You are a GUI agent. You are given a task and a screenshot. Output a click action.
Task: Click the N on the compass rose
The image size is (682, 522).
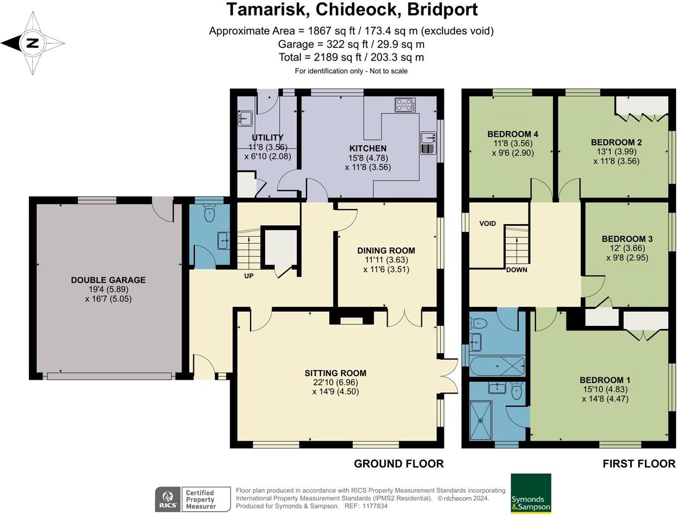(x=32, y=43)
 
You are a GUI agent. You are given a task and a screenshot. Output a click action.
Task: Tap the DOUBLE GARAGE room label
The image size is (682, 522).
(x=108, y=280)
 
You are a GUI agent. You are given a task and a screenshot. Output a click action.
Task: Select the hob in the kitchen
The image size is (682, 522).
(x=405, y=104)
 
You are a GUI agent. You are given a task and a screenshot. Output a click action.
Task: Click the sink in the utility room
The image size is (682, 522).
(x=245, y=118)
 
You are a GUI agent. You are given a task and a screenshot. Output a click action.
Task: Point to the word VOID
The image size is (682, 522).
(x=487, y=223)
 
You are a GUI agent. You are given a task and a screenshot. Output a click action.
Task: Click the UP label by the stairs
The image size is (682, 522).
(x=249, y=276)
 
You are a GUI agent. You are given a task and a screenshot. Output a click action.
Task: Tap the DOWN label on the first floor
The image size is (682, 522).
(x=517, y=270)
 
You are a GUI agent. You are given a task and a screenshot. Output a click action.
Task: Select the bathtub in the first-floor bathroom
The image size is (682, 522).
(x=497, y=366)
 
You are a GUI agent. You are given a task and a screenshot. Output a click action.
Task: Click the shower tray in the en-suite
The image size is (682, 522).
(x=480, y=421)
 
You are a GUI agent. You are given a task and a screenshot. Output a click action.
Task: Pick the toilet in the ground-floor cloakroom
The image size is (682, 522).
(x=209, y=212)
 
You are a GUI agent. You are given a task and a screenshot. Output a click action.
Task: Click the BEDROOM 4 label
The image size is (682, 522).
(x=513, y=134)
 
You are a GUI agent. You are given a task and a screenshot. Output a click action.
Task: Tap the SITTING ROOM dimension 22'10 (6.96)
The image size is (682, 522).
(x=335, y=383)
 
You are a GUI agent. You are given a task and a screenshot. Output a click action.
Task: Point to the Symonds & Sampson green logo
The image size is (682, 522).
(x=531, y=493)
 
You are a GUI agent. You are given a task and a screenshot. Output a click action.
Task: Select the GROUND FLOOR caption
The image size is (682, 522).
(x=399, y=464)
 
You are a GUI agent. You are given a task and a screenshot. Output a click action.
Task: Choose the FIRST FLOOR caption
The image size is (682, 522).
(x=639, y=464)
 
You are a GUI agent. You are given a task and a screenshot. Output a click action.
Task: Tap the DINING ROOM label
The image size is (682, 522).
(x=386, y=250)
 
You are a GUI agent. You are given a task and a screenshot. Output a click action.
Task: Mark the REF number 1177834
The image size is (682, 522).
(x=375, y=506)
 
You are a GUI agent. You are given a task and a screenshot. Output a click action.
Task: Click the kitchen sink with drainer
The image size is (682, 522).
(x=428, y=143)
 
